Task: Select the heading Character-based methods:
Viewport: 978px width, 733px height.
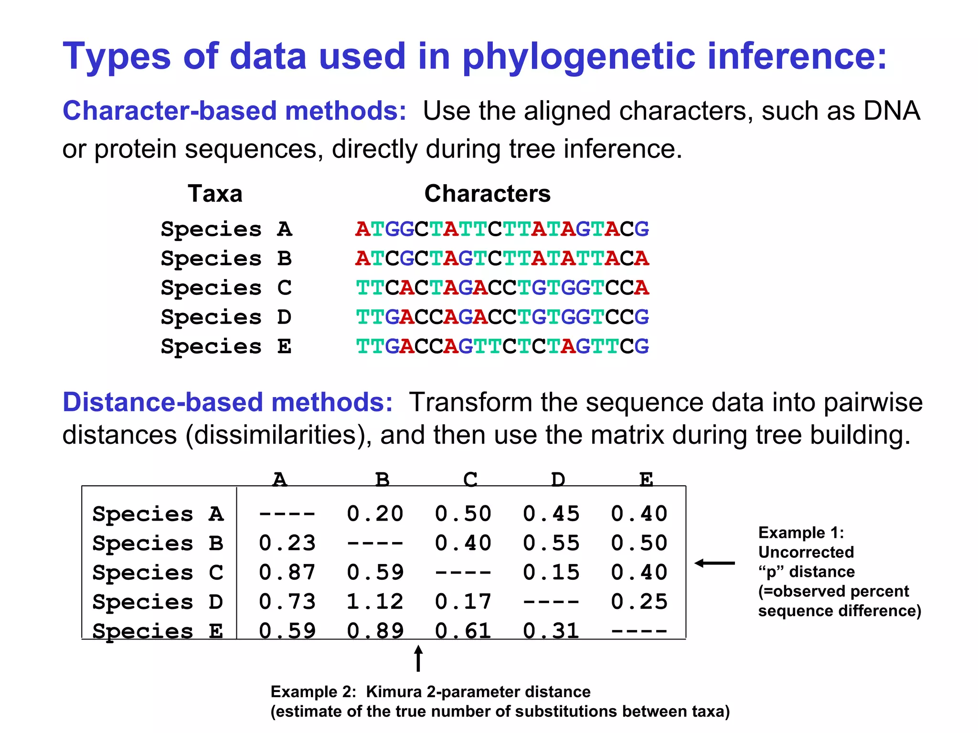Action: click(234, 111)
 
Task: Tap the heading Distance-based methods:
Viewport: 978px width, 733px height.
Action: click(227, 402)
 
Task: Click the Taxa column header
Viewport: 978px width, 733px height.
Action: click(215, 194)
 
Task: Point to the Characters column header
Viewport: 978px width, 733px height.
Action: click(487, 194)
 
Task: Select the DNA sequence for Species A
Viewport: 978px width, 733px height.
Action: click(502, 229)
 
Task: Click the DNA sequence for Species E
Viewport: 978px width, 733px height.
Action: click(502, 346)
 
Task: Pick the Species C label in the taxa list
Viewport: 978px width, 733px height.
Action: click(226, 288)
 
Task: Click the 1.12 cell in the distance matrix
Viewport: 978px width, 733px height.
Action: click(375, 602)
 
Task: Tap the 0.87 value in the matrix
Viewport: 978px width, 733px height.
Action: click(287, 573)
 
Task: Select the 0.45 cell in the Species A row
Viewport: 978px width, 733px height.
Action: click(551, 514)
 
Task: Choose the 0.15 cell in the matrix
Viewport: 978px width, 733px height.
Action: click(551, 573)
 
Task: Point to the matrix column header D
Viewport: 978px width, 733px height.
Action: click(558, 479)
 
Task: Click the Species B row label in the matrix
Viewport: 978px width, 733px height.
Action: click(158, 544)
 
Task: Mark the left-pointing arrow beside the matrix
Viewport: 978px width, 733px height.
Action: click(714, 564)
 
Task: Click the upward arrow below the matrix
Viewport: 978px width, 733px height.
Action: click(418, 658)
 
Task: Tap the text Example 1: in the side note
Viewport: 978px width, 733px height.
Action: click(801, 533)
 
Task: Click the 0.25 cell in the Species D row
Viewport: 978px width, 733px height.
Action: click(639, 602)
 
